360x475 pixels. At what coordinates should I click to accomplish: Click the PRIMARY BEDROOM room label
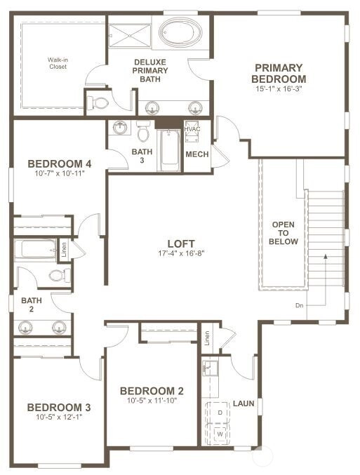coord(279,73)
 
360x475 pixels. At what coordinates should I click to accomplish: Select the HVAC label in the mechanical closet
coord(192,129)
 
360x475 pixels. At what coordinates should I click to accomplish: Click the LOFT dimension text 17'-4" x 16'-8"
coord(181,253)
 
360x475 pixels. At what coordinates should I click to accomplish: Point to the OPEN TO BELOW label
coord(283,233)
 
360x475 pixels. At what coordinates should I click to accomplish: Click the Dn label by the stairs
coord(299,305)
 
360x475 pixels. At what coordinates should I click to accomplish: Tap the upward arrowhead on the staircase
coord(326,256)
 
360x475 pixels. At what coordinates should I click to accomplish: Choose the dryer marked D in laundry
coord(220,413)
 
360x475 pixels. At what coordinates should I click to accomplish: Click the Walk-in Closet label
coord(58,63)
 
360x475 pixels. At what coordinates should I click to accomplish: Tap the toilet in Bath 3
coord(143,131)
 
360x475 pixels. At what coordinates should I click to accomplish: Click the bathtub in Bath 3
coord(170,150)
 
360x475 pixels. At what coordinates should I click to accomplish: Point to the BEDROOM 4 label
coord(60,164)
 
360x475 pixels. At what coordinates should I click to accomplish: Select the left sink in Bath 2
coord(25,327)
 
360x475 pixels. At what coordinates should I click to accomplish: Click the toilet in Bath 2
coord(60,276)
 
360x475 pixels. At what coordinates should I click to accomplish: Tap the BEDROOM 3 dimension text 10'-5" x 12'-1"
coord(59,417)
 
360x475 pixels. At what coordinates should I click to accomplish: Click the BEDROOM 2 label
coord(152,391)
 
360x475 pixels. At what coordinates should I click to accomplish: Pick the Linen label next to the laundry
coord(207,338)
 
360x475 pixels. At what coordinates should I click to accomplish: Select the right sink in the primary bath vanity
coord(195,108)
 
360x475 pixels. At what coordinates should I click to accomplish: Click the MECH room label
coord(197,154)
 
